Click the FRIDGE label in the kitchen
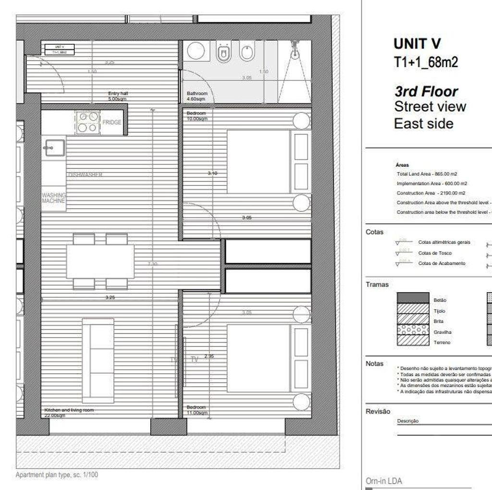pyautogui.click(x=112, y=122)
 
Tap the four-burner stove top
pyautogui.click(x=87, y=122)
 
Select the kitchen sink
pyautogui.click(x=53, y=147)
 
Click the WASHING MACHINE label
pyautogui.click(x=53, y=198)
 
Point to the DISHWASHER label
pyautogui.click(x=85, y=175)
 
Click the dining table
pyautogui.click(x=100, y=261)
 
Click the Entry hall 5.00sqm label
pyautogui.click(x=118, y=96)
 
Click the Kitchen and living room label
pyautogui.click(x=69, y=412)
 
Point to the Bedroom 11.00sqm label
pyautogui.click(x=197, y=410)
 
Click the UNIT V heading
pyautogui.click(x=417, y=44)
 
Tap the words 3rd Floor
pyautogui.click(x=426, y=91)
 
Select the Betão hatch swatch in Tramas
pyautogui.click(x=412, y=298)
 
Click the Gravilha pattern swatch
pyautogui.click(x=412, y=330)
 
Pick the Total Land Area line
pyautogui.click(x=427, y=174)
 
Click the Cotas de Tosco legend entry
pyautogui.click(x=435, y=253)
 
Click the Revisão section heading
pyautogui.click(x=378, y=411)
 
